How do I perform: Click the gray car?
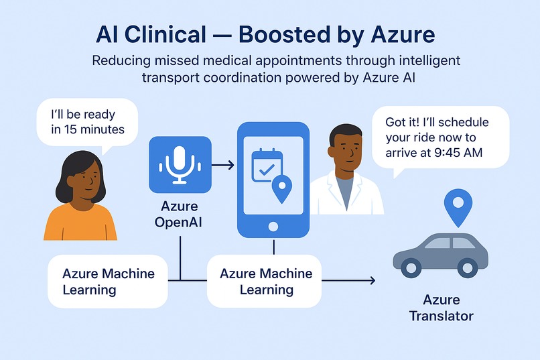coord(440,254)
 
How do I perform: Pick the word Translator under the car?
coord(441,315)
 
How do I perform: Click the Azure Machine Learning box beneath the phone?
coord(265,282)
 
